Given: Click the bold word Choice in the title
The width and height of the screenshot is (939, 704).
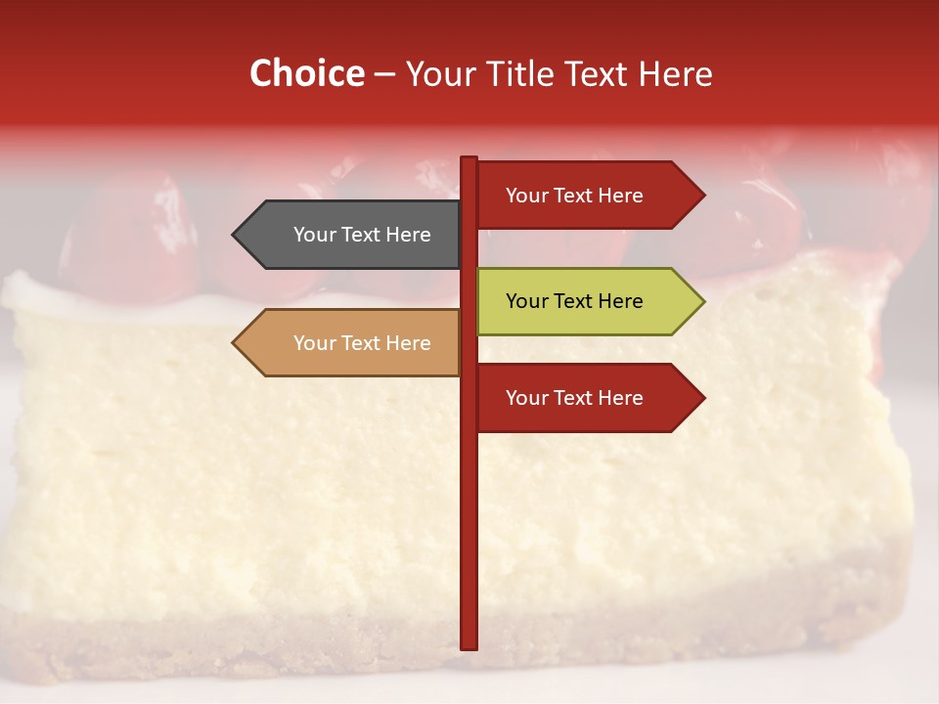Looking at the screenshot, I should tap(306, 74).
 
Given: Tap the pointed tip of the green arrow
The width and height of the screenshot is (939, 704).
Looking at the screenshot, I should tap(702, 301).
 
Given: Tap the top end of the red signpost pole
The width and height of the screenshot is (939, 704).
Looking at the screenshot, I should tap(469, 159).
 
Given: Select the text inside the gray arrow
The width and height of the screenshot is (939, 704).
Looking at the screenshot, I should tap(362, 235).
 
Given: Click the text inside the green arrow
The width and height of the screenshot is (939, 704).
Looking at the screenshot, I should tap(574, 301).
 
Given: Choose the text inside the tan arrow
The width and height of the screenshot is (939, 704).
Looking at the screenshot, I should tap(362, 343).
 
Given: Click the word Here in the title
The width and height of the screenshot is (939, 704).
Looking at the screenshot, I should tap(675, 74).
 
